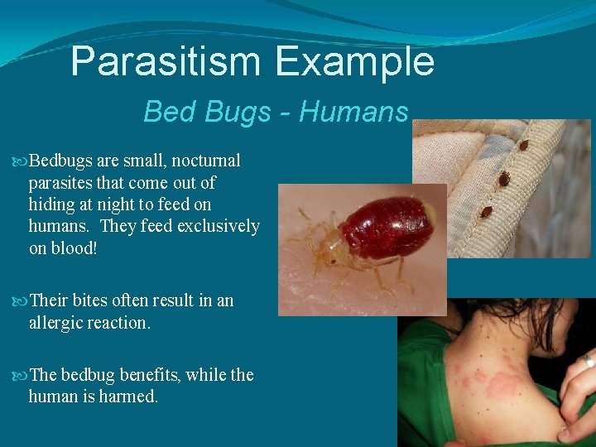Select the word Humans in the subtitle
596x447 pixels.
(354, 111)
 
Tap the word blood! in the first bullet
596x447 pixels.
(74, 248)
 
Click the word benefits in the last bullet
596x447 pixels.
(151, 375)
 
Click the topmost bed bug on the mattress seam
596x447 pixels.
(523, 147)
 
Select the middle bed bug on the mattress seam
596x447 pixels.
(503, 178)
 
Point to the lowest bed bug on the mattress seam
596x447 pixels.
(486, 211)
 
